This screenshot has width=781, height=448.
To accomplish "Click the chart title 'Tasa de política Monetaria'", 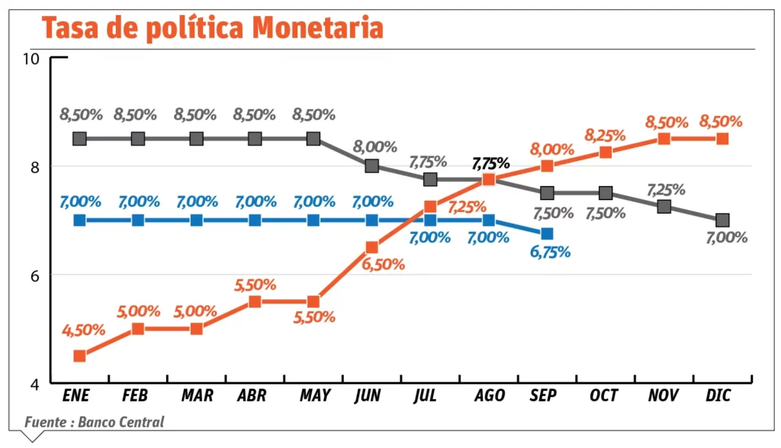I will click(212, 27).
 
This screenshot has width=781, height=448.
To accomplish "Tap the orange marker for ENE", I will click(79, 356).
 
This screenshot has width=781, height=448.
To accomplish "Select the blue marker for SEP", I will click(547, 234).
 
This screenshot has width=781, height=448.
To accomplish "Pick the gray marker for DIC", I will click(722, 220).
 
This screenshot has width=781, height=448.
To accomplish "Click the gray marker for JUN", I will click(371, 166).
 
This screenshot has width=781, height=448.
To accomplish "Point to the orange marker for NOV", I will click(664, 139).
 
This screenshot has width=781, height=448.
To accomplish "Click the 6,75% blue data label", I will click(549, 252).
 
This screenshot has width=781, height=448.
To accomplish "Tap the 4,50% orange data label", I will click(83, 331).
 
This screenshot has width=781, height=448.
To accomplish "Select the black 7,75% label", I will click(490, 163).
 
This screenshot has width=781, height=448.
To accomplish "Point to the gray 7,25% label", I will click(666, 189).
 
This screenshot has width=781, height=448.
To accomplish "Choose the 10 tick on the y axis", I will click(32, 59).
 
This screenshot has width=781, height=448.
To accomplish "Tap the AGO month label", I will click(490, 395).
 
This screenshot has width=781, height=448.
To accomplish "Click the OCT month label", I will click(605, 395).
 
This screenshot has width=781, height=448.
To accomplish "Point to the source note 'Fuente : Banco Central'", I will click(94, 422).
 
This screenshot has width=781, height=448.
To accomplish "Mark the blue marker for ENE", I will click(79, 220).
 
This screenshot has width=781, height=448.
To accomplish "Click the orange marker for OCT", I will click(606, 152).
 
